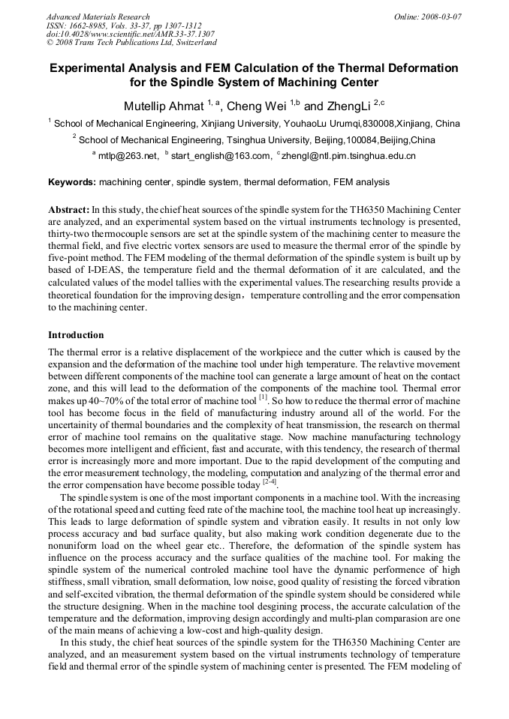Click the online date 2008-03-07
click(x=441, y=16)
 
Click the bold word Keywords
click(x=72, y=182)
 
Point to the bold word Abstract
click(x=68, y=210)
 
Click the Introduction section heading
click(x=76, y=335)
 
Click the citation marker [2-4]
click(x=268, y=484)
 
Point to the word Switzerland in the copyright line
click(x=193, y=43)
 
